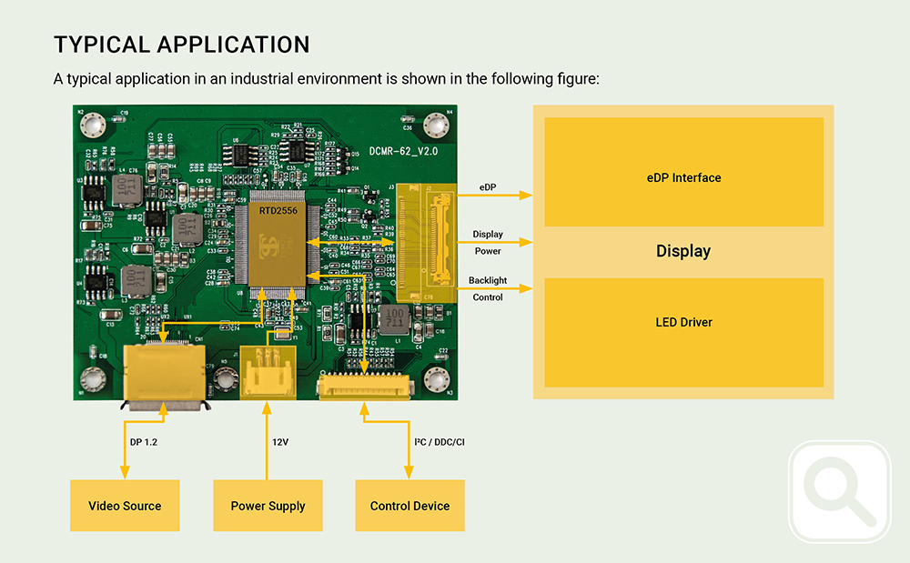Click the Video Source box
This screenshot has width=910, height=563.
(125, 506)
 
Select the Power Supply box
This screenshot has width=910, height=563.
(268, 506)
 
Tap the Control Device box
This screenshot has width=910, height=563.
(409, 506)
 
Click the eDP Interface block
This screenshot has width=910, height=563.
(683, 177)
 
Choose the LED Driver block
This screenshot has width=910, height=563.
(683, 322)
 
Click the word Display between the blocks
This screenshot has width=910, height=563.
(683, 251)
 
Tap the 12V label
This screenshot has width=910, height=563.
(280, 443)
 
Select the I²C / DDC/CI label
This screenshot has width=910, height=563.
(440, 443)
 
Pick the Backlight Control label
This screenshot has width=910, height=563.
(488, 289)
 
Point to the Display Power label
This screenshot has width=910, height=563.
(488, 242)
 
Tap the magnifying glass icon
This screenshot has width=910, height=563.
(839, 492)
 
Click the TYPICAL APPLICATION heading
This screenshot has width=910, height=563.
(182, 45)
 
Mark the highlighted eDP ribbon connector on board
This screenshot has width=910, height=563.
(426, 241)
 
